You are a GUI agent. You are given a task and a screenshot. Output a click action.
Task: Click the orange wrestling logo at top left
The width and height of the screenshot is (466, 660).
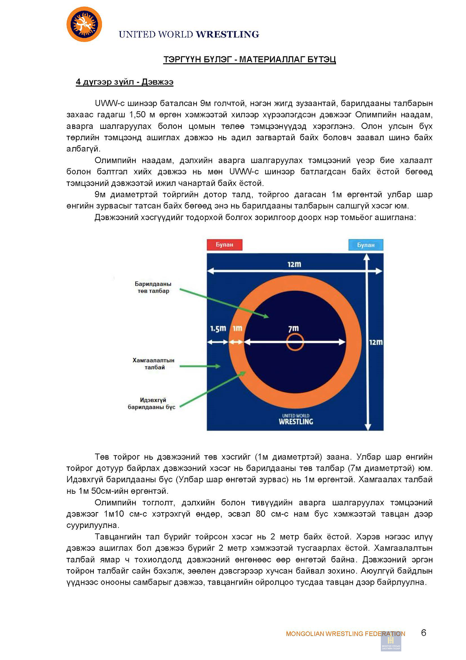(x=84, y=24)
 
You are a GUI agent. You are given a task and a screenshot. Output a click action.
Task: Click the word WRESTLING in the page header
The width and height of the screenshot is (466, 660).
(x=227, y=34)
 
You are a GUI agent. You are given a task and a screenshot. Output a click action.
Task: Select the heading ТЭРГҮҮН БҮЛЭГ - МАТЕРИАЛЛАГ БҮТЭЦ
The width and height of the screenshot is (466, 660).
(x=249, y=59)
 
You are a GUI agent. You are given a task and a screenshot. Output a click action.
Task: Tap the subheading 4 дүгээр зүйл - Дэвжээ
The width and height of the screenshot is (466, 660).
(x=124, y=82)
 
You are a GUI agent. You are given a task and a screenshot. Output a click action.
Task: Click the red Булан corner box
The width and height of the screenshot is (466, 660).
(x=225, y=245)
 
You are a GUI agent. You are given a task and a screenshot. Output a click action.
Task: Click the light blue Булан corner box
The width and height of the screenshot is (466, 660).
(x=365, y=245)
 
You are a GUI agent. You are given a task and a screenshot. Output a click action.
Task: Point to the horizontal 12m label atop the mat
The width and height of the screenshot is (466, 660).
(x=294, y=264)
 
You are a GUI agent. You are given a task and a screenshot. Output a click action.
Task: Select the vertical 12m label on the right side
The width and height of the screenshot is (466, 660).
(x=376, y=342)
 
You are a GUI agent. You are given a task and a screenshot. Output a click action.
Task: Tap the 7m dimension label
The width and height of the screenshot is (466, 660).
(x=293, y=329)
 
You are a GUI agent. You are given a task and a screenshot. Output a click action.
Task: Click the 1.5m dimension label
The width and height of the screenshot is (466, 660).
(x=218, y=329)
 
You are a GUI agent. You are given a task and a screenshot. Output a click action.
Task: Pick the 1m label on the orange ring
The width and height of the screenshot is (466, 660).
(x=238, y=329)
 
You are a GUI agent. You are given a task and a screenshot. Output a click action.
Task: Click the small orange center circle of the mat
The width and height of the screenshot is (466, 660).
(x=295, y=342)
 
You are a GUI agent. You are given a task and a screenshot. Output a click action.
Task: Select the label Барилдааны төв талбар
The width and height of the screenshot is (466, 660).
(x=153, y=287)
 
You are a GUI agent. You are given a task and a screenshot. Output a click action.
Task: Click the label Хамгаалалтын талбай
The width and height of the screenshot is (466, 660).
(x=154, y=364)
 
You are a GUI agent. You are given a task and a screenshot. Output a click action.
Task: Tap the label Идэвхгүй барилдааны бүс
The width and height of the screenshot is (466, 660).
(x=152, y=404)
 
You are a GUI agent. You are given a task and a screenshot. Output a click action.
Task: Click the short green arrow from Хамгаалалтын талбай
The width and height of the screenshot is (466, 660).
(x=200, y=366)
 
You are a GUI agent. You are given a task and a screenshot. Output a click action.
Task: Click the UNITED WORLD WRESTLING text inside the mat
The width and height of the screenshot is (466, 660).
(x=296, y=419)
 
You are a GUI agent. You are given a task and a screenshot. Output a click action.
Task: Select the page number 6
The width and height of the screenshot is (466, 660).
(x=423, y=633)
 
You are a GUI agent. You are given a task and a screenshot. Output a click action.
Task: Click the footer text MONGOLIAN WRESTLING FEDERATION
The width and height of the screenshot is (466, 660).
(x=345, y=634)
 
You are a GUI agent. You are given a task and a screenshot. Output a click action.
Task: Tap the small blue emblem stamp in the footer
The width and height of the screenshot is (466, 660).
(x=391, y=641)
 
